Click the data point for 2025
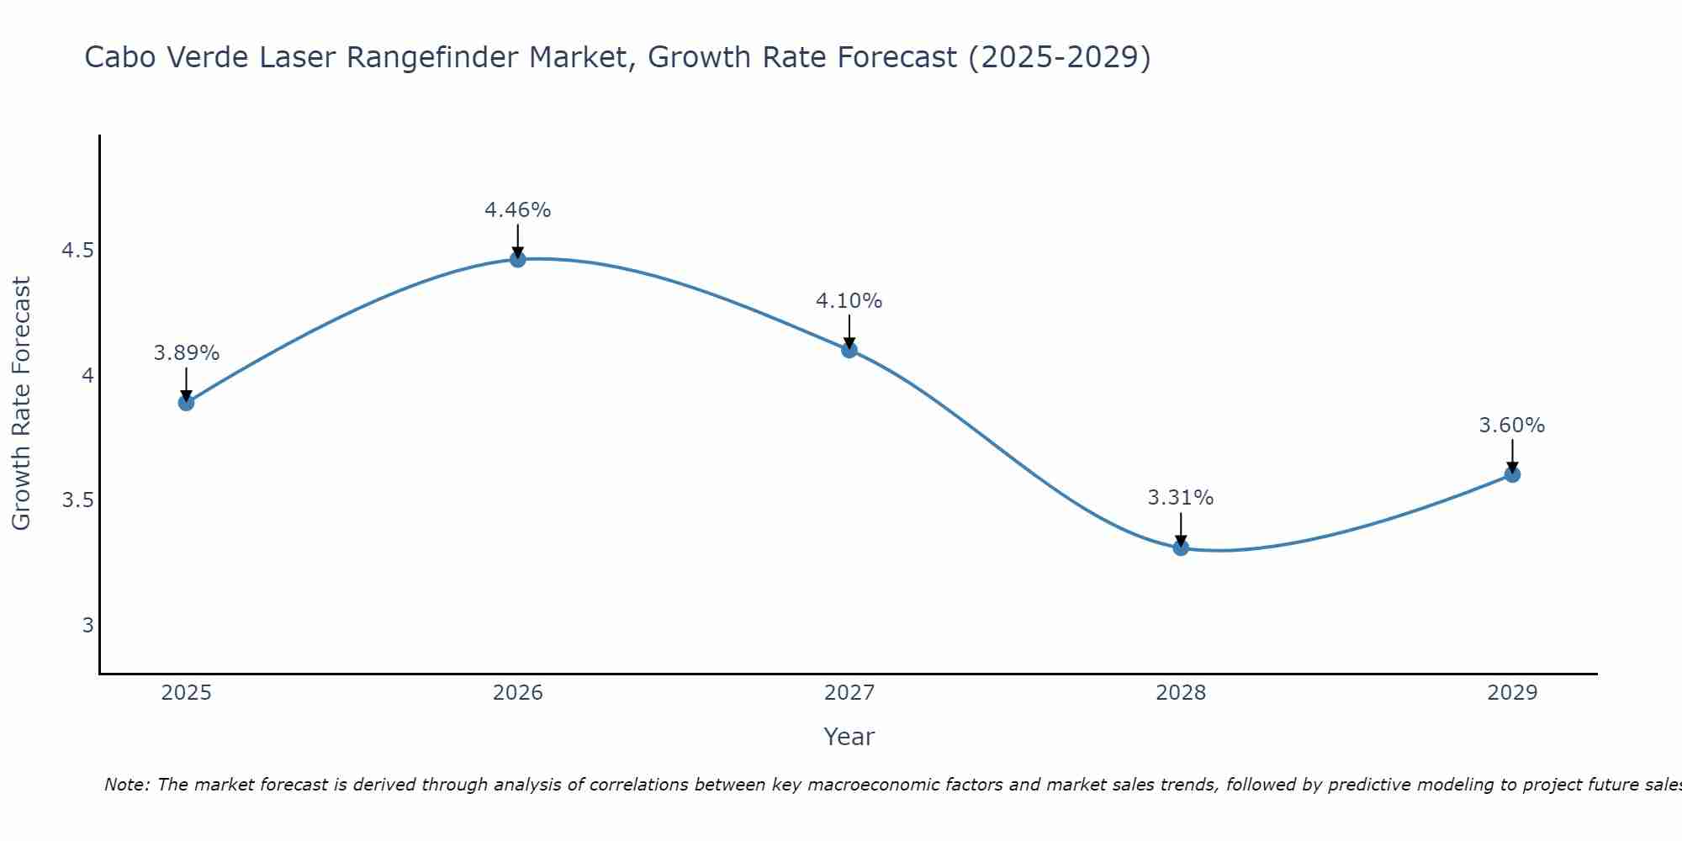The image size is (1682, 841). point(186,403)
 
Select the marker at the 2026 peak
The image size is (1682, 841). point(518,259)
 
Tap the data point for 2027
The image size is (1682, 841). point(849,350)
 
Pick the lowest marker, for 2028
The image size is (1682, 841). point(1181,547)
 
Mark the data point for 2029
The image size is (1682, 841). point(1512,474)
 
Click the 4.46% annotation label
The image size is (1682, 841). point(518,210)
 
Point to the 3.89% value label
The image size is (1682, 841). point(186,353)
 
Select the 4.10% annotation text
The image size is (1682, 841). point(849,301)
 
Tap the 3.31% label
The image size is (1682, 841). point(1181,498)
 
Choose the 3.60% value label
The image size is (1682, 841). point(1512,426)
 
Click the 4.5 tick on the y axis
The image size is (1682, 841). point(77,251)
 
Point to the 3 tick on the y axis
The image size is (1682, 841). point(87,625)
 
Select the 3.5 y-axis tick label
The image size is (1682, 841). point(77,500)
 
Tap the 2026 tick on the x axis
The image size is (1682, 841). point(518,693)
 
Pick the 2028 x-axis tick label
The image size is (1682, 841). point(1181,693)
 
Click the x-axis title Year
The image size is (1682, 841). point(849,737)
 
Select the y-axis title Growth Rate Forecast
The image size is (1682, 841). point(21,404)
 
